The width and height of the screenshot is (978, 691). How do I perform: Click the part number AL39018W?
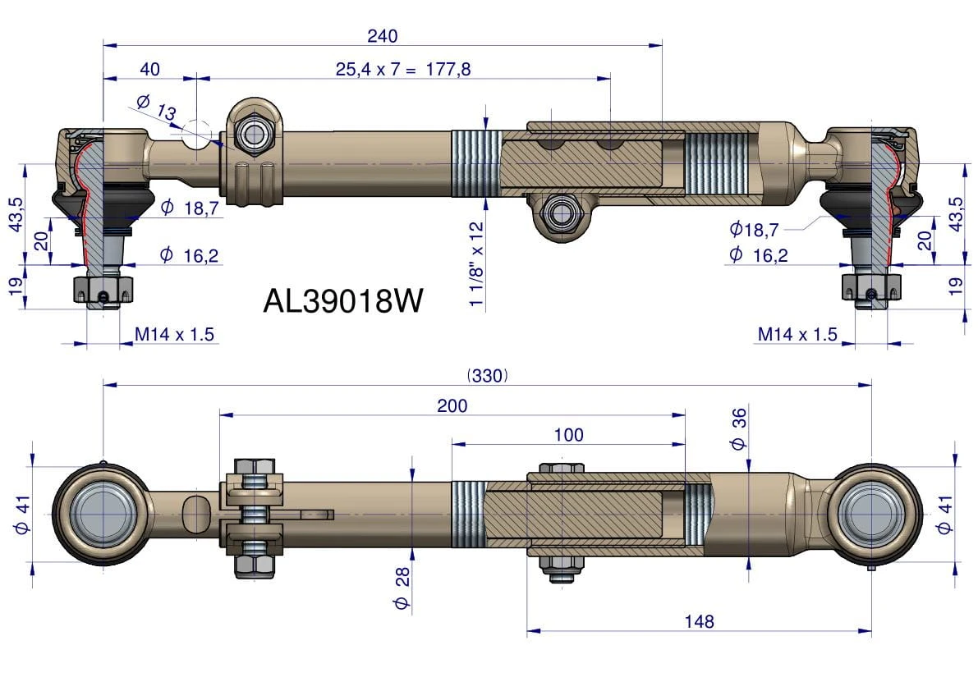click(x=343, y=301)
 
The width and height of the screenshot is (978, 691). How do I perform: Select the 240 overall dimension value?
click(x=383, y=36)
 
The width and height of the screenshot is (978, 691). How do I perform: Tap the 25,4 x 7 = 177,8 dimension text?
click(x=403, y=69)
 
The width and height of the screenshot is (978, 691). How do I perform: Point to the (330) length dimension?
click(x=487, y=376)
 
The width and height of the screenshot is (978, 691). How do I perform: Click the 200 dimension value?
click(x=452, y=406)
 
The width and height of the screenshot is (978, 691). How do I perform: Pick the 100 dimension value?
click(x=569, y=435)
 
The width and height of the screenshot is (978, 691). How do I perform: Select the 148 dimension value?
click(x=699, y=621)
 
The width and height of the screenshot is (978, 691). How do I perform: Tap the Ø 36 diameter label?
click(x=738, y=428)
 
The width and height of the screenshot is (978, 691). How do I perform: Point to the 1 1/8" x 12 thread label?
click(x=476, y=263)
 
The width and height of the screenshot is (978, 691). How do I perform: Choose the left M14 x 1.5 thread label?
click(x=175, y=335)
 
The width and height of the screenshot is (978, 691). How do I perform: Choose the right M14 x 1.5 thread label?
click(x=797, y=335)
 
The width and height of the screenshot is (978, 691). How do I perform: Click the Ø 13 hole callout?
click(x=156, y=108)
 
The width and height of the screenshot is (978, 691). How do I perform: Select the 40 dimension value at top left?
click(x=149, y=69)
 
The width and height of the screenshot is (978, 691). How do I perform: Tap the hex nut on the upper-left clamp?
click(x=255, y=134)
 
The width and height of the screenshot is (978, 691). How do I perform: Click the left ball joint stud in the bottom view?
click(x=103, y=514)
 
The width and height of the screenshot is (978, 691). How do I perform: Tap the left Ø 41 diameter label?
click(x=22, y=515)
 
